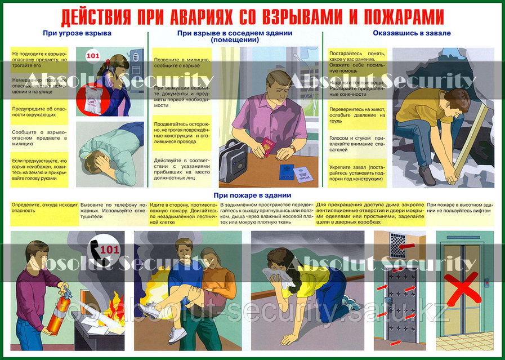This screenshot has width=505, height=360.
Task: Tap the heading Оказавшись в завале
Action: [x=412, y=33]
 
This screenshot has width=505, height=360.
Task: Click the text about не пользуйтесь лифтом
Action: [x=459, y=207]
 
